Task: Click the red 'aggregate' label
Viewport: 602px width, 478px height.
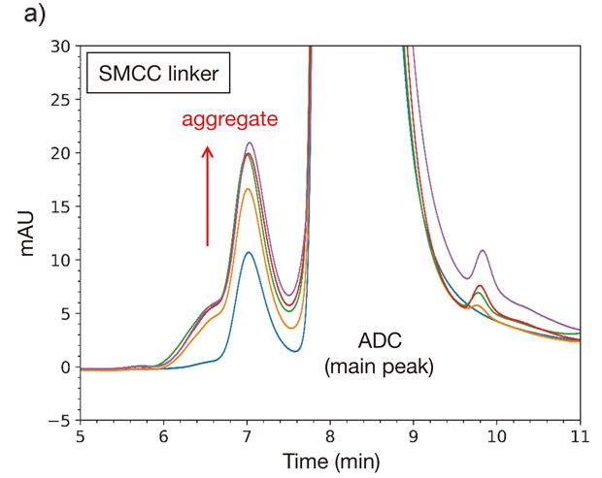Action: [x=229, y=119]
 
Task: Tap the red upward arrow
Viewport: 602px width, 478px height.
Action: [x=208, y=196]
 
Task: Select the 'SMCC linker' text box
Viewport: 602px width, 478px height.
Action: [x=158, y=73]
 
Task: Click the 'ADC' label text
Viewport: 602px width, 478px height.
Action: [x=380, y=340]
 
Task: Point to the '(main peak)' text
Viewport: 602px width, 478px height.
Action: [x=380, y=366]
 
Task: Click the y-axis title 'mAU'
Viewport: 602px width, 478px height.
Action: [x=27, y=234]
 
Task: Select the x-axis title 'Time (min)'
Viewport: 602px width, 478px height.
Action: [x=331, y=461]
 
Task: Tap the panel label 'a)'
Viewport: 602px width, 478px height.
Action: [x=35, y=15]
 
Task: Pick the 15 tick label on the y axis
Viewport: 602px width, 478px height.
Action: [x=61, y=207]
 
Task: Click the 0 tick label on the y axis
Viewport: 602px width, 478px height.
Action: [x=66, y=367]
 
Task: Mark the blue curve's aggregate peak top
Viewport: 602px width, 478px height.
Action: [x=249, y=252]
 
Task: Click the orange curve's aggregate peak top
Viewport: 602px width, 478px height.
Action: [x=248, y=189]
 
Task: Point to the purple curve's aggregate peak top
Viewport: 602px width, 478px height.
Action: [x=250, y=143]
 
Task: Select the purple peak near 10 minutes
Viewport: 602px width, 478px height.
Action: [x=483, y=250]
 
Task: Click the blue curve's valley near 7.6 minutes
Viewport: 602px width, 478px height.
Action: [x=295, y=351]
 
